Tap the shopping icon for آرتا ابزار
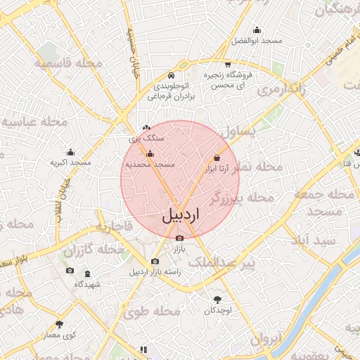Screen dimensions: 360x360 (x=217, y=158)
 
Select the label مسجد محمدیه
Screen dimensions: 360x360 (x=149, y=165)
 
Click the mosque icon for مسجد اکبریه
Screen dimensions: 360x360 (x=70, y=152)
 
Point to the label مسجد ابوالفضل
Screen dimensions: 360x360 (x=257, y=30)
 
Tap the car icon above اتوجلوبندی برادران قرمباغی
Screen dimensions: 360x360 (x=172, y=76)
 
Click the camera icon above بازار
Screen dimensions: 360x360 (x=179, y=238)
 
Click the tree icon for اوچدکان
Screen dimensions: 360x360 (x=217, y=300)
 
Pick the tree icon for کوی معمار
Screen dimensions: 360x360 (x=58, y=325)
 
